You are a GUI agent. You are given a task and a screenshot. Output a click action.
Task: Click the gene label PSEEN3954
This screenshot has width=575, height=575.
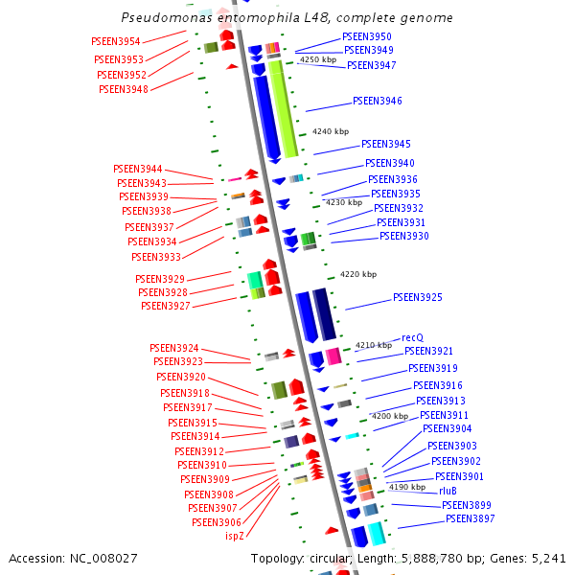(x=116, y=42)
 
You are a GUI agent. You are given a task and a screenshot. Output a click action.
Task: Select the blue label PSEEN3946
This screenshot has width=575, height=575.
(x=378, y=101)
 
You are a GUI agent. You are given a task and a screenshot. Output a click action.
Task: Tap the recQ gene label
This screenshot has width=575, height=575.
(x=412, y=337)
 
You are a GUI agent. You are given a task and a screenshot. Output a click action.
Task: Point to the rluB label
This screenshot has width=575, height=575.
(x=448, y=491)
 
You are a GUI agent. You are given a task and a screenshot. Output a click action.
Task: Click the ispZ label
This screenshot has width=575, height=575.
(x=235, y=536)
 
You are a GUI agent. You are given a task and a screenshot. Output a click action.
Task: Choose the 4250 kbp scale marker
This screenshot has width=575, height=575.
(x=318, y=59)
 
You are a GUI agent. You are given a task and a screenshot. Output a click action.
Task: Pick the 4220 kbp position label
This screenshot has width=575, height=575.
(x=358, y=274)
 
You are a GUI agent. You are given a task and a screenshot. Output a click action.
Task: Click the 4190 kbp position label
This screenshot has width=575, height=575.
(x=406, y=487)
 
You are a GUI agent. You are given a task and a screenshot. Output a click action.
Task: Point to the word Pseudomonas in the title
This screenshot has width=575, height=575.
(x=164, y=18)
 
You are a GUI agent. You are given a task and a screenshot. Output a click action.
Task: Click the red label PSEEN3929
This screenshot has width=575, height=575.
(x=160, y=279)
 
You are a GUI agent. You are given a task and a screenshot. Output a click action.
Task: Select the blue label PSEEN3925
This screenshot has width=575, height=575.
(x=418, y=298)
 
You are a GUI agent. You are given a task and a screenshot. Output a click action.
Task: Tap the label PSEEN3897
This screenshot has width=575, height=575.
(x=471, y=518)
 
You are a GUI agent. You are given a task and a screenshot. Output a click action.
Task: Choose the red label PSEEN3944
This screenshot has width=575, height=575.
(x=138, y=169)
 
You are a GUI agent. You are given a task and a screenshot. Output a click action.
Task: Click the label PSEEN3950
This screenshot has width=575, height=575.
(x=367, y=36)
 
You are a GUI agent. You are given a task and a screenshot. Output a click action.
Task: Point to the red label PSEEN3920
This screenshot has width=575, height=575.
(x=181, y=378)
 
